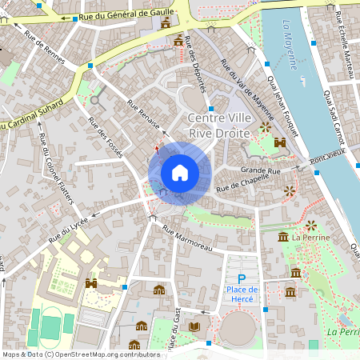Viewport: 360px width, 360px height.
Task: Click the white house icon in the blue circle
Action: pyautogui.click(x=179, y=172)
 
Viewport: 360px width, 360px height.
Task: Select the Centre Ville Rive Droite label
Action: pyautogui.click(x=218, y=126)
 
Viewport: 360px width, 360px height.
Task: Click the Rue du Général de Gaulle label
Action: pyautogui.click(x=126, y=14)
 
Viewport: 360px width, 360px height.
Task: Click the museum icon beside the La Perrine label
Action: pyautogui.click(x=283, y=237)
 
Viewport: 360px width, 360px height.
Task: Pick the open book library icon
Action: pyautogui.click(x=194, y=326)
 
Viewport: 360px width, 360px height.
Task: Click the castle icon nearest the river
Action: pyautogui.click(x=281, y=142)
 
